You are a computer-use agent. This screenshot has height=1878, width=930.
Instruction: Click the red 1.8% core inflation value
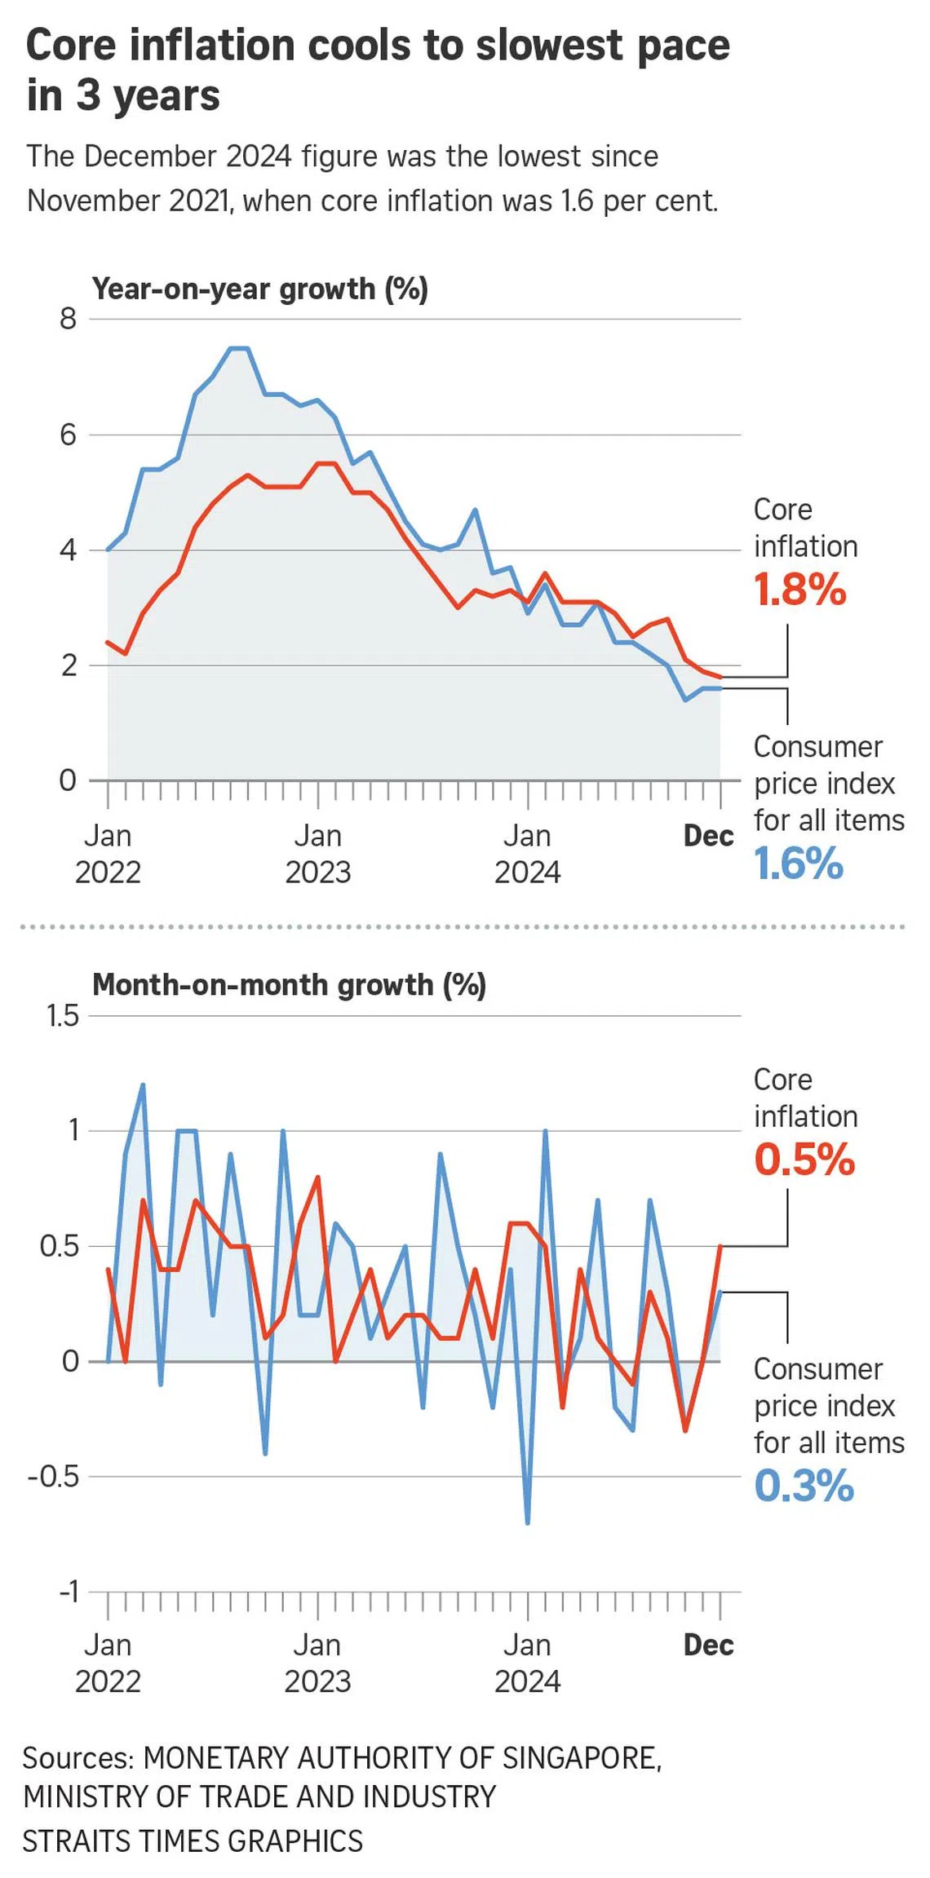(800, 589)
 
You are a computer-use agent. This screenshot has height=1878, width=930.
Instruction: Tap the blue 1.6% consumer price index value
(799, 864)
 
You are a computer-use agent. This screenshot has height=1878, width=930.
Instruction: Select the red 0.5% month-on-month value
(804, 1159)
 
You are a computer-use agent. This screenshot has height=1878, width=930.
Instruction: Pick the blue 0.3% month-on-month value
(804, 1485)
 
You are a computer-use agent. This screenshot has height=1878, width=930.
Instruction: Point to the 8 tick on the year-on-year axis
(68, 319)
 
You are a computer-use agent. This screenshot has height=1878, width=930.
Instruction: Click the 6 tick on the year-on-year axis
(68, 435)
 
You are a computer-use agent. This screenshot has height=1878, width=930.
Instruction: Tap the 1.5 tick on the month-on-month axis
(63, 1016)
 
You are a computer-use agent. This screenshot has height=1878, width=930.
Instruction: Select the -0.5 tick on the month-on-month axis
(54, 1476)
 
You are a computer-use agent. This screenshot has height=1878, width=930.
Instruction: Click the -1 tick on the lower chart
(69, 1591)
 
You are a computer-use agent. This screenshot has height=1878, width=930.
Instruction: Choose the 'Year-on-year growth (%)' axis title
(259, 289)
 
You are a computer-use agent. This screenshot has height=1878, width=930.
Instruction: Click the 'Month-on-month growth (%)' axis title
(289, 984)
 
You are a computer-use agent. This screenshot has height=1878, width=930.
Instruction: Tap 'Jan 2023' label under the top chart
(317, 854)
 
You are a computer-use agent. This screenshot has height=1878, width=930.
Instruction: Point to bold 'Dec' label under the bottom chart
(708, 1645)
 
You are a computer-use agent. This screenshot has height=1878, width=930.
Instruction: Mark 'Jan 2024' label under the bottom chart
(527, 1663)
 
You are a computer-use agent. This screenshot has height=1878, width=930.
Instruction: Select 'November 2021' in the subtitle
(128, 201)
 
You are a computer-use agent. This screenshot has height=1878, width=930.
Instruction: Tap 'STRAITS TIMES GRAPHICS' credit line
(193, 1841)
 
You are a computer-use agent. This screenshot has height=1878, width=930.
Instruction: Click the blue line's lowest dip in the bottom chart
(528, 1522)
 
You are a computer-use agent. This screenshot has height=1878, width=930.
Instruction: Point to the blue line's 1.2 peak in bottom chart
(144, 1085)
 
